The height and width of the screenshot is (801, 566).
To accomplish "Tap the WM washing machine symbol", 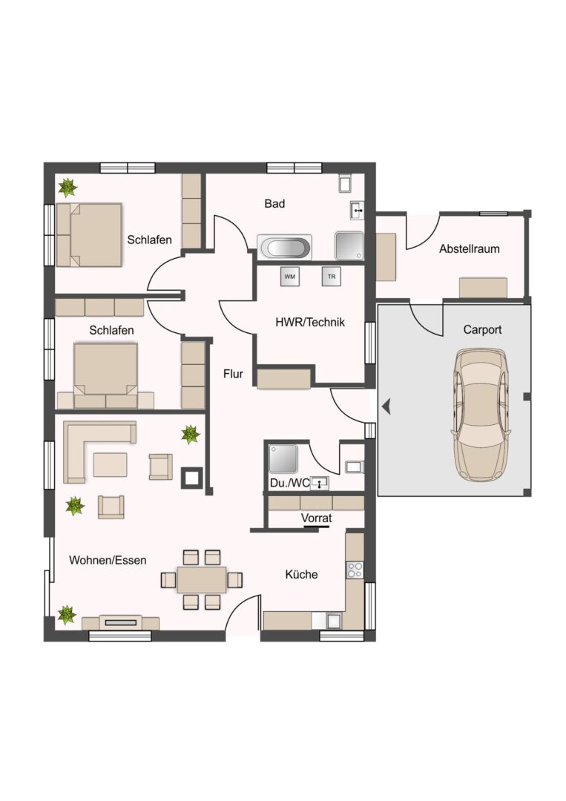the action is point(289,277).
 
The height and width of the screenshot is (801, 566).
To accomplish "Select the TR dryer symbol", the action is point(332,277).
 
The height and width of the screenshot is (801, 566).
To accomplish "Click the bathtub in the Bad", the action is point(285,248).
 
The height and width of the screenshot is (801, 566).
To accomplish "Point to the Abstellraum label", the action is point(470,248).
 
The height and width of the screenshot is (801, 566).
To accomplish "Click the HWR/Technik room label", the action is point(310,323).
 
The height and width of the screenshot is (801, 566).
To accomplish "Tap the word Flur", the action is point(233,374).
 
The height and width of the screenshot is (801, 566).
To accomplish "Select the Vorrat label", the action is point(316,518).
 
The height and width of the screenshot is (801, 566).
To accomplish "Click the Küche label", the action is point(301,574).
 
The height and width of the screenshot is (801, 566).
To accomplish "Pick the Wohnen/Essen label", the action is point(108,561).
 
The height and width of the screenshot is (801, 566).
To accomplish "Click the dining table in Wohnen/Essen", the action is point(202,579).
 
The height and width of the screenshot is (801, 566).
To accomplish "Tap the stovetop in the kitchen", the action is point(355,570).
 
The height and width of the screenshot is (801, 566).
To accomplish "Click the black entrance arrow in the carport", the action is point(386,406).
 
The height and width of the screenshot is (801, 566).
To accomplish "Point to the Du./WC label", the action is point(289,483).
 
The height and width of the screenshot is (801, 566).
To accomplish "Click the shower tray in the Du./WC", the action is point(283,458).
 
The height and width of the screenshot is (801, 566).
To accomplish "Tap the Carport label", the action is point(482,329).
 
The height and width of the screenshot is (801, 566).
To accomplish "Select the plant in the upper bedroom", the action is point(67,188).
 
